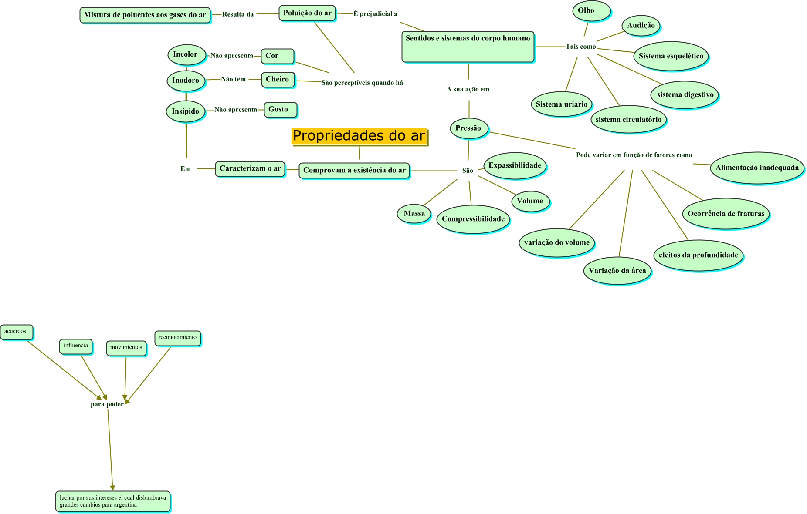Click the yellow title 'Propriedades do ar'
click(x=359, y=136)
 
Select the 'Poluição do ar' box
click(x=307, y=13)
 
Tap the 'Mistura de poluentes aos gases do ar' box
click(x=145, y=15)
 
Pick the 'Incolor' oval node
click(x=186, y=55)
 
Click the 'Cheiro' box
click(x=278, y=79)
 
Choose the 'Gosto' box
click(x=280, y=110)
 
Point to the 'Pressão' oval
click(x=468, y=128)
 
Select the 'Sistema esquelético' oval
click(x=670, y=56)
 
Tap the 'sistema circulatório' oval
click(x=628, y=119)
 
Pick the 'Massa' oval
click(x=414, y=213)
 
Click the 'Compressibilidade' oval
click(x=473, y=219)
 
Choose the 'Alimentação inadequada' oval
click(x=757, y=168)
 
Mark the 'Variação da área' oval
click(x=617, y=270)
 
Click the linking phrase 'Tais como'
click(x=580, y=47)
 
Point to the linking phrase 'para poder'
click(x=107, y=404)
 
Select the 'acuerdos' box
click(x=16, y=332)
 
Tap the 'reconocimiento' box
click(x=177, y=338)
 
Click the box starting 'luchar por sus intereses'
click(x=113, y=501)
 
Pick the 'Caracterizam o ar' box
click(x=250, y=169)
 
